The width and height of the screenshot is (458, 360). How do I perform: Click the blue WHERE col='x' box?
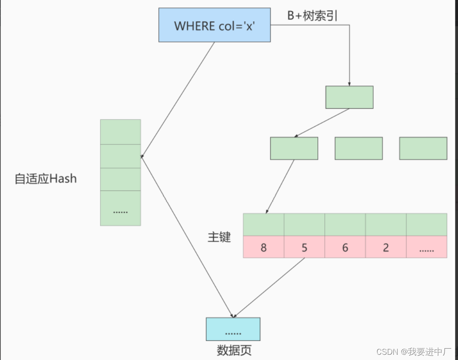214,25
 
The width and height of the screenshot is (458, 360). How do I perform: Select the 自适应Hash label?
45,179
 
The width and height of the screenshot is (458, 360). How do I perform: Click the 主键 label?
219,237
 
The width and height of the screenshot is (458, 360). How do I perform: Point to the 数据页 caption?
234,350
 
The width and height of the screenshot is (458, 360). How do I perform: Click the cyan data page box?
233,329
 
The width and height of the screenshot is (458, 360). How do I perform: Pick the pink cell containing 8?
263,247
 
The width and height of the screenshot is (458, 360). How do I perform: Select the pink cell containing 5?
304,247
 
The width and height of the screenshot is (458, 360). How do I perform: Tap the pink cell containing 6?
345,247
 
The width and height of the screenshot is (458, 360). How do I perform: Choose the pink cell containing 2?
386,247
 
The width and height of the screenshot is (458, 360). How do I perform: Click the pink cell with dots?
427,247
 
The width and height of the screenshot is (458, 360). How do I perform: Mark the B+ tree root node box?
349,97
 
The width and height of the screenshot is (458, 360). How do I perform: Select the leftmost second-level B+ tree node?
294,148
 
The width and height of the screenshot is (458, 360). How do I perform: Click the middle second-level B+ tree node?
358,148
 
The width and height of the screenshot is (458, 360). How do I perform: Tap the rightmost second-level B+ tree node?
423,148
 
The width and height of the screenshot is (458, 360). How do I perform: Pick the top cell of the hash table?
121,132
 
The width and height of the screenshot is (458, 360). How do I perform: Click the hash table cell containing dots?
121,208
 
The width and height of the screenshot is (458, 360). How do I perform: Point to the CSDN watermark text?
413,351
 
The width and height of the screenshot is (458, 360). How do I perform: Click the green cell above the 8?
263,225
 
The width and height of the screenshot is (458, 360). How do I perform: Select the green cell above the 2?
386,225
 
